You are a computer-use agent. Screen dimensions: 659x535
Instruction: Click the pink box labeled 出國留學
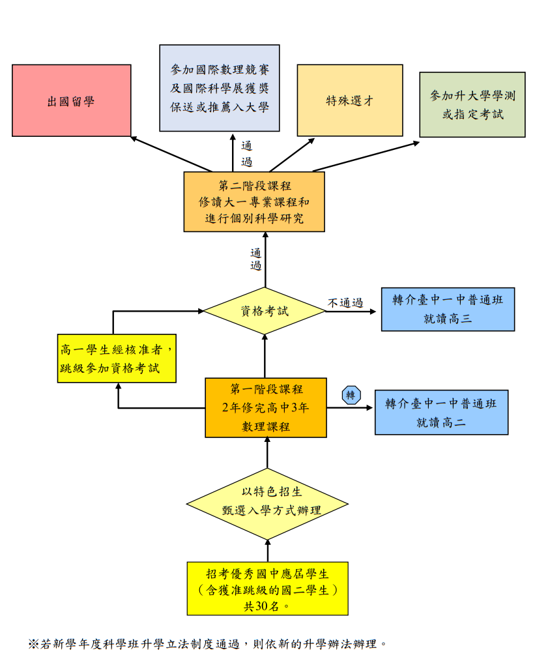pos(71,100)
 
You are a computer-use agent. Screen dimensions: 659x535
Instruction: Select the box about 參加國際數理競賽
pos(220,88)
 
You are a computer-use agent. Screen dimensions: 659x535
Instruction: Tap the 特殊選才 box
pos(349,100)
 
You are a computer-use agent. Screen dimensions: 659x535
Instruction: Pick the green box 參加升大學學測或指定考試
pos(472,104)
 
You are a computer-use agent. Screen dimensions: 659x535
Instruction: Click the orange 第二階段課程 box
pos(254,201)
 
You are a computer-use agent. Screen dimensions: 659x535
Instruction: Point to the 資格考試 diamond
pos(265,311)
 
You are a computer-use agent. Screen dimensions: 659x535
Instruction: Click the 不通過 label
pos(345,302)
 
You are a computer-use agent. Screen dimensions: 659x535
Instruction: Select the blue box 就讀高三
pos(448,310)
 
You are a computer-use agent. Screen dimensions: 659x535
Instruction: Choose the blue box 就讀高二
pos(441,412)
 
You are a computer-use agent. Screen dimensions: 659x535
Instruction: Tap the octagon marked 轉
pos(351,395)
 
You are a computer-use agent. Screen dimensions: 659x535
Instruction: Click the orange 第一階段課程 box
pos(266,407)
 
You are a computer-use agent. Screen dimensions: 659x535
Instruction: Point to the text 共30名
pos(267,606)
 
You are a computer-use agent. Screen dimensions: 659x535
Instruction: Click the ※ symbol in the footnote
pos(33,643)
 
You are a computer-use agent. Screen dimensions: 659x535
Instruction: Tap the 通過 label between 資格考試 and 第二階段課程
pos(256,259)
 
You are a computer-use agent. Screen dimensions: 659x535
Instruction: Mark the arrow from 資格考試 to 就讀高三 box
pos(352,312)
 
